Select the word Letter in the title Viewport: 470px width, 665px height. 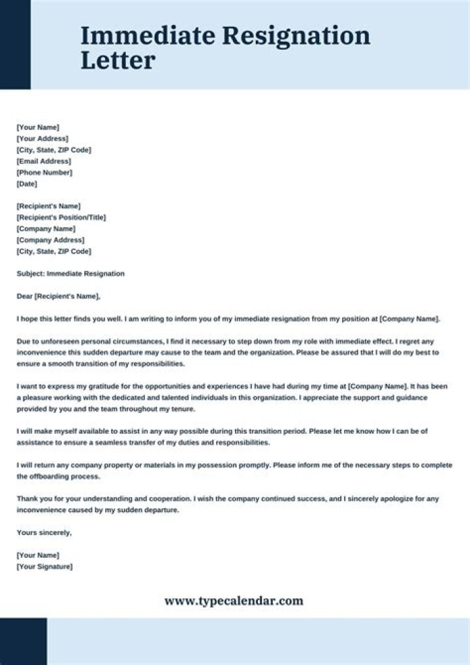pyautogui.click(x=118, y=60)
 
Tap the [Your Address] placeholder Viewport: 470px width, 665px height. pyautogui.click(x=42, y=138)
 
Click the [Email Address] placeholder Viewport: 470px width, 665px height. pyautogui.click(x=44, y=161)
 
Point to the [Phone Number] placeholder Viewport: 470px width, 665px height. pyautogui.click(x=44, y=172)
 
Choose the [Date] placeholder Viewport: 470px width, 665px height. pyautogui.click(x=27, y=184)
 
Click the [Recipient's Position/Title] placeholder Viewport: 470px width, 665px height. pyautogui.click(x=61, y=218)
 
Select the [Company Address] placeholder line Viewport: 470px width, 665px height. pyautogui.click(x=50, y=240)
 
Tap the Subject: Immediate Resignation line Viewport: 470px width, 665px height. pyautogui.click(x=70, y=274)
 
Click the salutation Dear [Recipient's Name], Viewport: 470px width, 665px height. pyautogui.click(x=59, y=297)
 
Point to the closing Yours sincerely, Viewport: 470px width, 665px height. pyautogui.click(x=44, y=532)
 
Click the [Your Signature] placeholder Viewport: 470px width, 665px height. pyautogui.click(x=44, y=566)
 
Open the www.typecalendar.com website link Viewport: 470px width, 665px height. pyautogui.click(x=234, y=601)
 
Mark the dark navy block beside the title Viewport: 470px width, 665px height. pyautogui.click(x=15, y=44)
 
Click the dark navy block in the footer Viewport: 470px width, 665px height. pyautogui.click(x=23, y=641)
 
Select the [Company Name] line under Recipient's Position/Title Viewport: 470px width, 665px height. pyautogui.click(x=46, y=229)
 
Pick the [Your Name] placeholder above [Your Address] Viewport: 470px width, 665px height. pyautogui.click(x=38, y=127)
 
